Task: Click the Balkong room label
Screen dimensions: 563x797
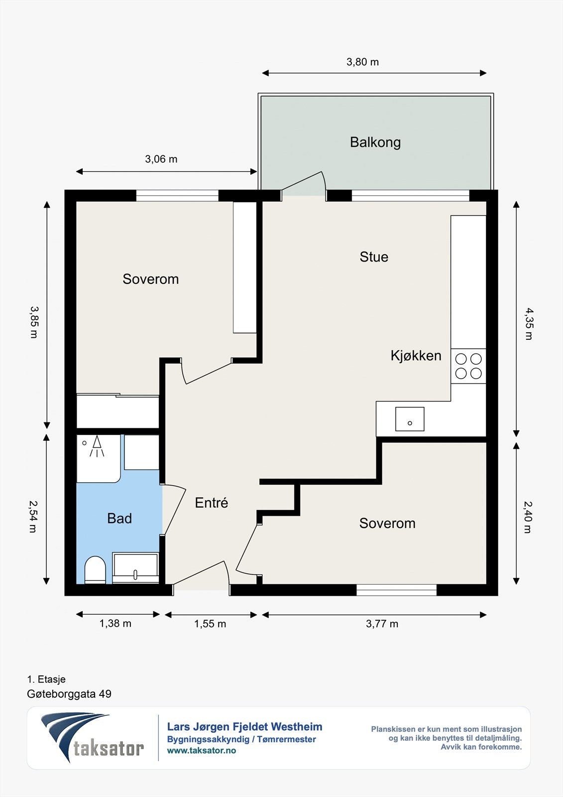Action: coord(375,142)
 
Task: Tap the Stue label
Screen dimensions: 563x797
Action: coord(374,257)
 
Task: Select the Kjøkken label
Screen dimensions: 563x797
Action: coord(416,356)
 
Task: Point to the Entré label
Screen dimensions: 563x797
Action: coord(211,503)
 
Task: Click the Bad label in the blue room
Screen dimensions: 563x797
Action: coord(119,519)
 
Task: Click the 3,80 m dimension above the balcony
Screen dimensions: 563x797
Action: coord(362,62)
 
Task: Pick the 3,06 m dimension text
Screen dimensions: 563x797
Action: coord(161,159)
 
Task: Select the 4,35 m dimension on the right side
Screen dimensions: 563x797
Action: coord(529,324)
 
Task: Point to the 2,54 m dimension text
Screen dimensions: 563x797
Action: coord(33,517)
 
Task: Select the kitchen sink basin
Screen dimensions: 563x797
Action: coord(410,419)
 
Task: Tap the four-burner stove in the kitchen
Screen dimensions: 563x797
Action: coord(468,366)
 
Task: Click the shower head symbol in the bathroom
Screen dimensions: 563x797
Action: coord(97,446)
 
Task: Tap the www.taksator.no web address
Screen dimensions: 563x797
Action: coord(202,751)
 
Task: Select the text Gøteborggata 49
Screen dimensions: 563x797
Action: coord(69,694)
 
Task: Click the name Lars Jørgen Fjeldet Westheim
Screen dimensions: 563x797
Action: coord(245,727)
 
